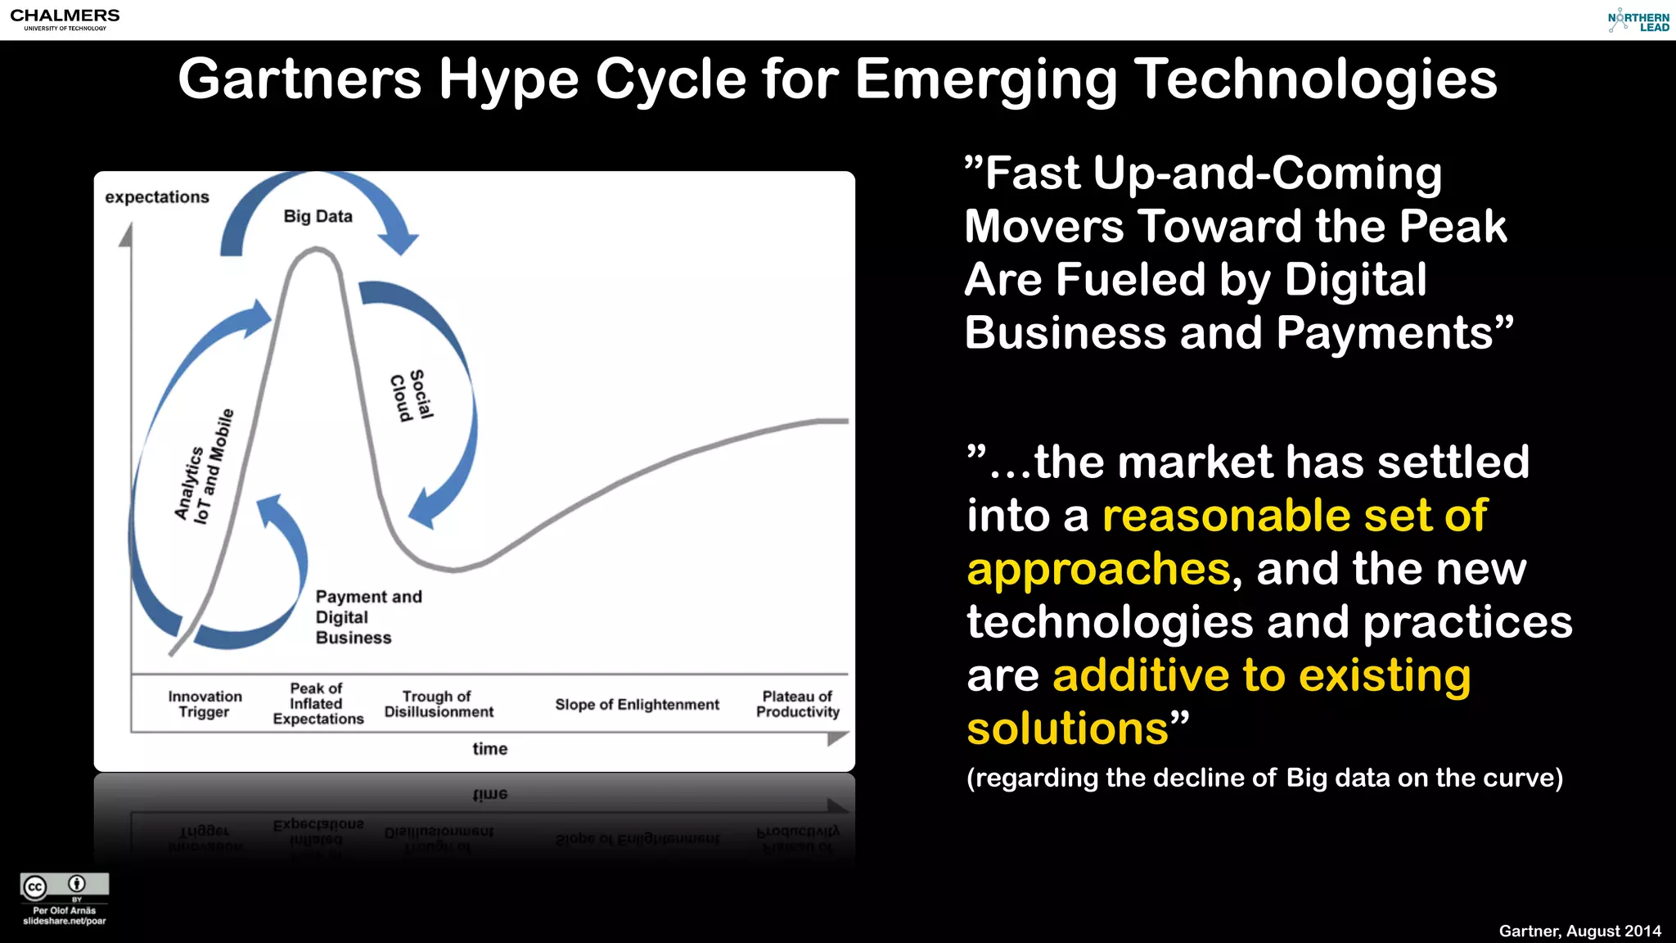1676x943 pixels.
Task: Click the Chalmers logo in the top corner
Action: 65,19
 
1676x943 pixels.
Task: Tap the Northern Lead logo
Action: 1638,21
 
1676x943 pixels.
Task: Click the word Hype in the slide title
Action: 508,80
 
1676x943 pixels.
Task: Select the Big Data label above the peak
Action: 318,217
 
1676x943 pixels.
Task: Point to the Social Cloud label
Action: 411,396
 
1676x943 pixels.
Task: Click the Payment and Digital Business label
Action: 368,617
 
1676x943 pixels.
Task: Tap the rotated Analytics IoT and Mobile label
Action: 204,467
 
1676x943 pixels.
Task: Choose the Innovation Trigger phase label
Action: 205,704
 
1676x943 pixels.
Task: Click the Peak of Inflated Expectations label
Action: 318,704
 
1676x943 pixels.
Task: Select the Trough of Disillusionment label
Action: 439,704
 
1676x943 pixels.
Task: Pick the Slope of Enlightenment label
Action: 637,705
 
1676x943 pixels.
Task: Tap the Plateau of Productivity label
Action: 797,704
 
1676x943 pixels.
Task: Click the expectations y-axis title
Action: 157,197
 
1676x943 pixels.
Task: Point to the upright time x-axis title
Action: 489,749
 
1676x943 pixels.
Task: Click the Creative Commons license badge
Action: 65,886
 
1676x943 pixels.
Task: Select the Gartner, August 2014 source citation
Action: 1579,931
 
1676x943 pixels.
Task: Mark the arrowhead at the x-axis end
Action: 837,738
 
